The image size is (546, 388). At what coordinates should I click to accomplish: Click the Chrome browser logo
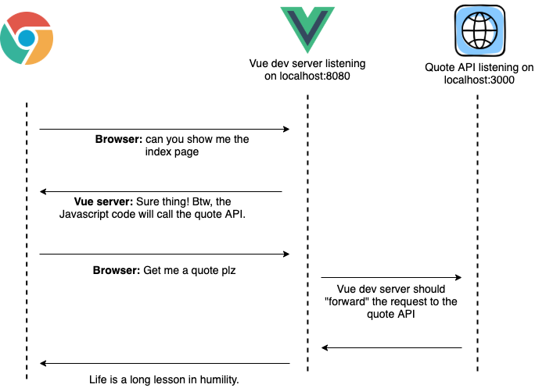pyautogui.click(x=27, y=38)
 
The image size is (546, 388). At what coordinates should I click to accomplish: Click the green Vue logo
pyautogui.click(x=307, y=29)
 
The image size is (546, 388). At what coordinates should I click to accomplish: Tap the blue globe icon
pyautogui.click(x=478, y=30)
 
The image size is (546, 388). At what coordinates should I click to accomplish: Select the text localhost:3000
pyautogui.click(x=479, y=80)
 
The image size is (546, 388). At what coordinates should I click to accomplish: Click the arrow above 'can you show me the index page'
pyautogui.click(x=164, y=129)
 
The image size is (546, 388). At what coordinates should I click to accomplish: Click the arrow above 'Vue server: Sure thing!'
pyautogui.click(x=161, y=191)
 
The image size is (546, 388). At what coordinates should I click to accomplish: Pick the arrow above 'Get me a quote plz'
pyautogui.click(x=164, y=254)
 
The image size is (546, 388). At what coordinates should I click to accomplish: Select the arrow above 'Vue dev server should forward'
pyautogui.click(x=391, y=277)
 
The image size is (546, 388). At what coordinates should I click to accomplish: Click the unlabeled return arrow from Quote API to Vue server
pyautogui.click(x=391, y=348)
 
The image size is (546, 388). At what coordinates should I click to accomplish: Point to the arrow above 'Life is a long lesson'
pyautogui.click(x=164, y=363)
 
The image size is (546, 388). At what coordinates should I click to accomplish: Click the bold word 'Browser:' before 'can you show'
pyautogui.click(x=119, y=140)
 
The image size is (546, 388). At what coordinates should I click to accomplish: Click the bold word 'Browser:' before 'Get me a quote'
pyautogui.click(x=117, y=271)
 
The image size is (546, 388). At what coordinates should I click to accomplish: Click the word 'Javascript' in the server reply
pyautogui.click(x=86, y=215)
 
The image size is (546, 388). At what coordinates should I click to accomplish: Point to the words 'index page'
pyautogui.click(x=171, y=152)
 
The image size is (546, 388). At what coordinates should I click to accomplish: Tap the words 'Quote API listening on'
pyautogui.click(x=479, y=67)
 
